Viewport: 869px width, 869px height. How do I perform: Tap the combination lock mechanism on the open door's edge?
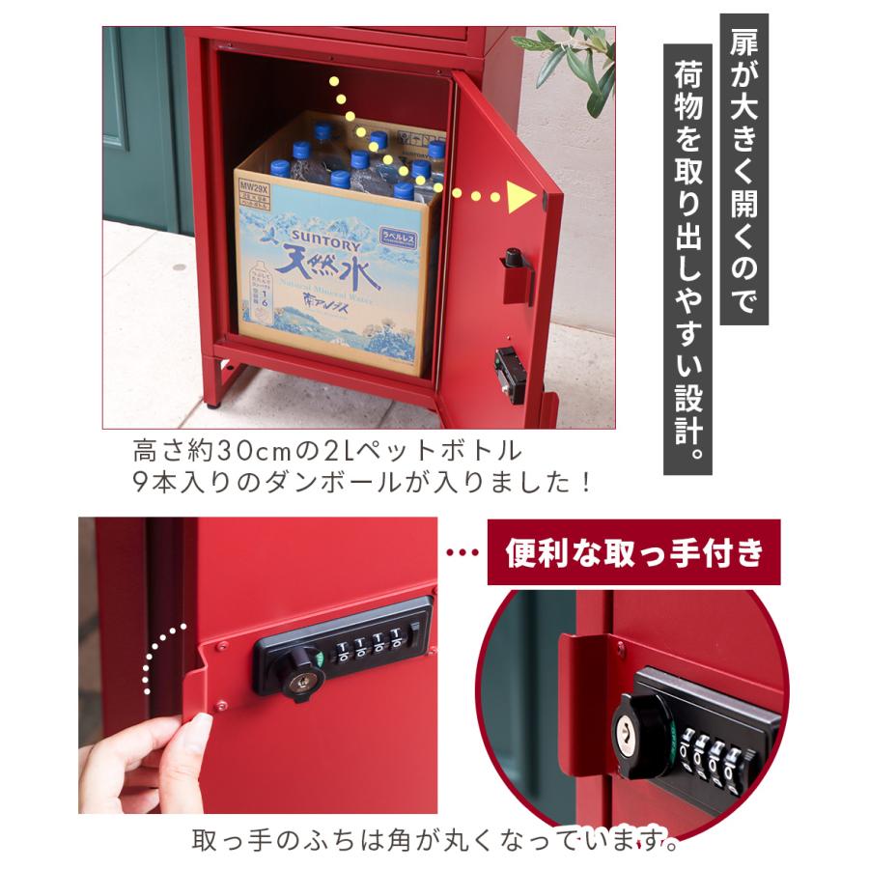click(x=508, y=369)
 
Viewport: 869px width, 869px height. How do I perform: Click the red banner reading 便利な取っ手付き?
click(x=633, y=553)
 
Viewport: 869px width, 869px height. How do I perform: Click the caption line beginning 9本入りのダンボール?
click(x=362, y=480)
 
